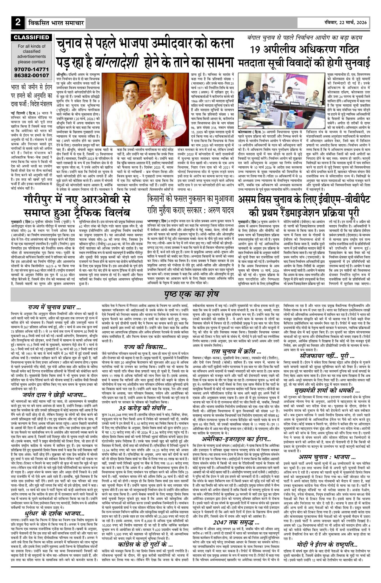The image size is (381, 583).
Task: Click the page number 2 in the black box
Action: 18,22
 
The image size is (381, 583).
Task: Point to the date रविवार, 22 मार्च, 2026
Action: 345,22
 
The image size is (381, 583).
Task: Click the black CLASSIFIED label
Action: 31,37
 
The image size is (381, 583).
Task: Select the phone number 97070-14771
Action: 32,69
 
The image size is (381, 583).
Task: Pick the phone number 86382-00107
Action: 32,75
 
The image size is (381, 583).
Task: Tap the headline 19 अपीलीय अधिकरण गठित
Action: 304,49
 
